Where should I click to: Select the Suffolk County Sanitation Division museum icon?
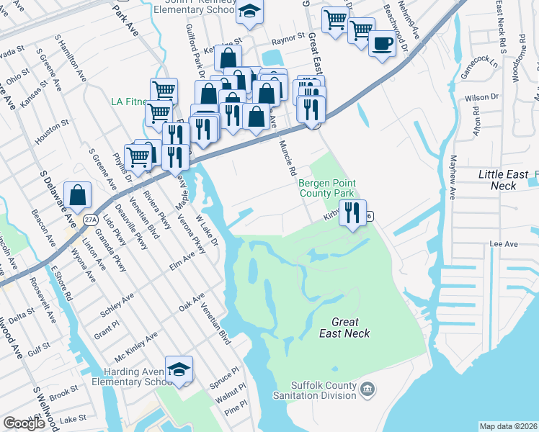(x=367, y=390)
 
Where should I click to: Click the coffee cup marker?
(x=382, y=42)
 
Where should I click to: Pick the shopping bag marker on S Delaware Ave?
(x=77, y=194)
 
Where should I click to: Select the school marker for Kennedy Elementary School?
(x=250, y=12)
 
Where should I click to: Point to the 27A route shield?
(x=89, y=220)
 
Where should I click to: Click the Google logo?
(x=24, y=423)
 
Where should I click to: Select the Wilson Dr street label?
(x=482, y=96)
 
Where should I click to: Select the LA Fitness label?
(x=130, y=102)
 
